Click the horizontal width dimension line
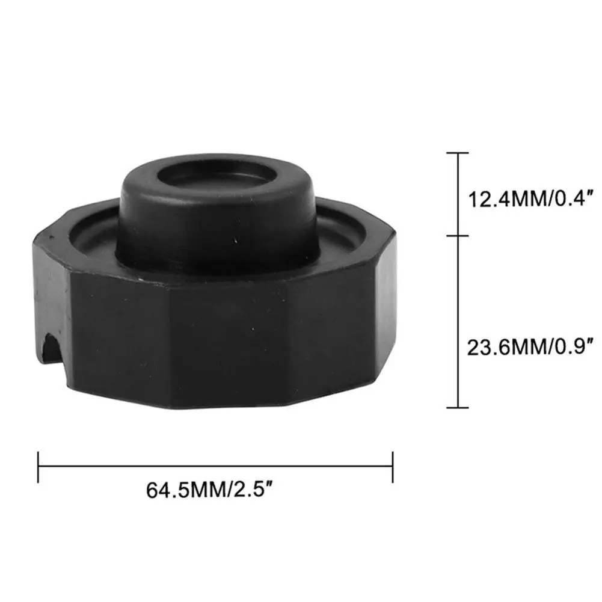pyautogui.click(x=215, y=467)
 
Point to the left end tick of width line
pyautogui.click(x=38, y=467)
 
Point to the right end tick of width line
pyautogui.click(x=393, y=467)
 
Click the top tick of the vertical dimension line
pyautogui.click(x=458, y=153)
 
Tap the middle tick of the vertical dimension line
pyautogui.click(x=458, y=235)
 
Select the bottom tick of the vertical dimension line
pyautogui.click(x=458, y=407)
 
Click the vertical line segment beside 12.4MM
pyautogui.click(x=458, y=194)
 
